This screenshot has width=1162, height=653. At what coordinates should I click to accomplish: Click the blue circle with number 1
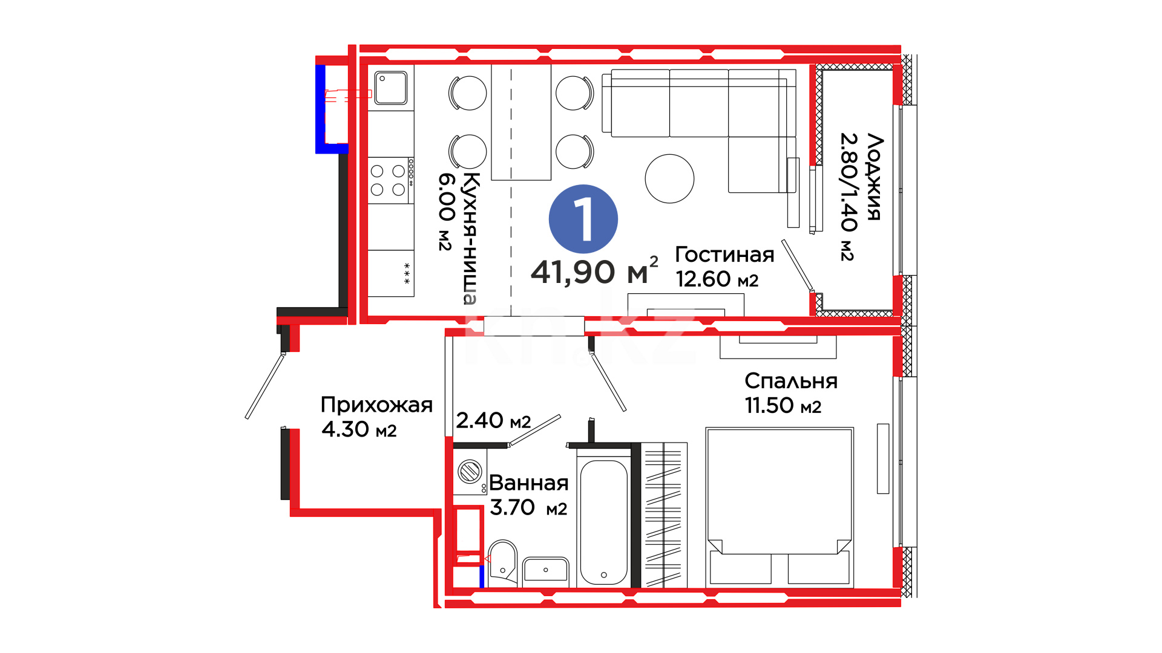583,219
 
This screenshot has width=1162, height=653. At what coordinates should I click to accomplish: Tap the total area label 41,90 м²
594,271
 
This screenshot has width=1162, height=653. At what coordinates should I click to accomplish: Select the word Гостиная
724,255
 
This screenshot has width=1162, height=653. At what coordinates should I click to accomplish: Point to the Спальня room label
791,381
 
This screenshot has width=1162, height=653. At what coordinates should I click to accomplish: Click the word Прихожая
376,404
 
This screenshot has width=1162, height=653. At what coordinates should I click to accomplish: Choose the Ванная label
528,482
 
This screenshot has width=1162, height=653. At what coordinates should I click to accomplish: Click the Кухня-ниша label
470,238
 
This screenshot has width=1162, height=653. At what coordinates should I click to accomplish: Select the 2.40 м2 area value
493,420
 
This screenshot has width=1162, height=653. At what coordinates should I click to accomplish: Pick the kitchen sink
391,88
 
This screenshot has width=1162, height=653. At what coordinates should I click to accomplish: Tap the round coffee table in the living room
669,178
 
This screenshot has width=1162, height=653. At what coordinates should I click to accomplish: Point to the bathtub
603,523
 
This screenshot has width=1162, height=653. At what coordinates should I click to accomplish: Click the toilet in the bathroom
502,563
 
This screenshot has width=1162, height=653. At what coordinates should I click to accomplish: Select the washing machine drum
470,471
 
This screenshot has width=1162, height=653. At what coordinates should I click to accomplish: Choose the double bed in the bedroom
780,507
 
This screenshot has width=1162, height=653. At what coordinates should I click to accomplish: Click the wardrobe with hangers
664,515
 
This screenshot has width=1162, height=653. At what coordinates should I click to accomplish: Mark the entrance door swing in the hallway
264,386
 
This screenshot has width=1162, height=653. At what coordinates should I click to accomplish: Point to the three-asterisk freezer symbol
407,273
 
